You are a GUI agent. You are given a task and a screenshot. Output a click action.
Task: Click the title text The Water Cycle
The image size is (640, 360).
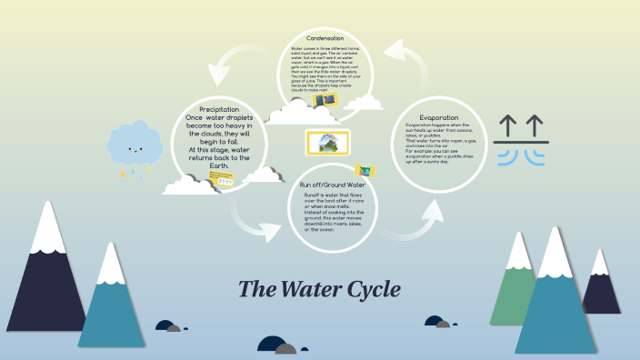pyautogui.click(x=318, y=289)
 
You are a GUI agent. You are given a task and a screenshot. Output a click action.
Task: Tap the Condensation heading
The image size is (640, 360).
pyautogui.click(x=325, y=38)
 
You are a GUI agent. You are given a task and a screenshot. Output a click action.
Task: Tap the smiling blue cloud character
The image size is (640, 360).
pyautogui.click(x=135, y=145)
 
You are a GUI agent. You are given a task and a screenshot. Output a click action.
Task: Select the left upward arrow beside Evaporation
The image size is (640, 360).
pyautogui.click(x=508, y=125)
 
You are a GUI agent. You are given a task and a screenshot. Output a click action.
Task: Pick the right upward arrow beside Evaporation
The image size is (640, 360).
pyautogui.click(x=535, y=125)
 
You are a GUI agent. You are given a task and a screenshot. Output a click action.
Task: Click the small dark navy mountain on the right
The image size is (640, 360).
pyautogui.click(x=601, y=286)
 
